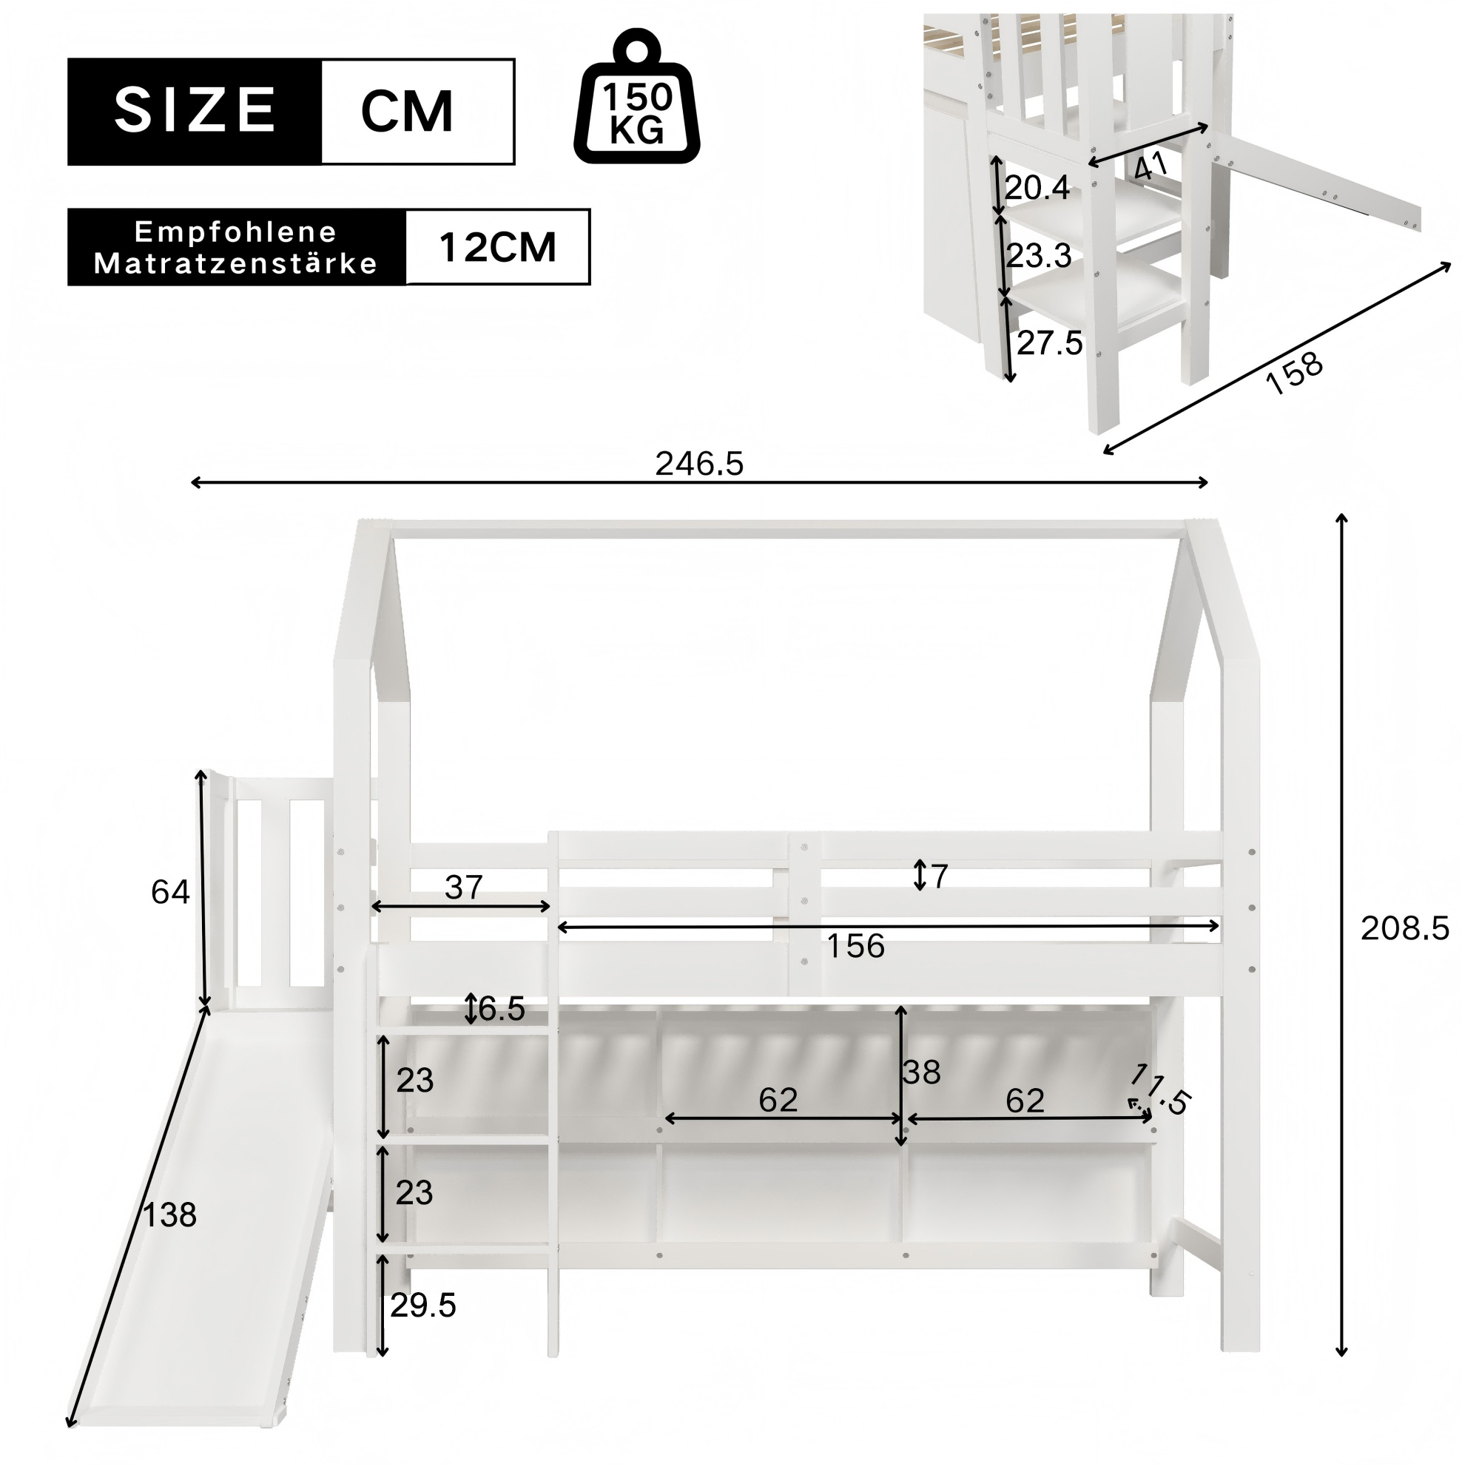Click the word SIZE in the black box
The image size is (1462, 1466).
(195, 110)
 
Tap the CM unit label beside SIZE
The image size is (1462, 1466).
(407, 111)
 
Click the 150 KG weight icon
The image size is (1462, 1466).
(636, 95)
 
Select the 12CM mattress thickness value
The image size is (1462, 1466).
(497, 247)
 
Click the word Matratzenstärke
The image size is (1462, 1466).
(235, 263)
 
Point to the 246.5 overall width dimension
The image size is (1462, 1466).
(699, 464)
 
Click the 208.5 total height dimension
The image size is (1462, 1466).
(1404, 929)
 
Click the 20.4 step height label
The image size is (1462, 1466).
(1037, 186)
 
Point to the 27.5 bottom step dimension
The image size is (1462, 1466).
(1050, 344)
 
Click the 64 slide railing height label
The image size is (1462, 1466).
(170, 892)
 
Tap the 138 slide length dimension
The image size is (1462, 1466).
(169, 1215)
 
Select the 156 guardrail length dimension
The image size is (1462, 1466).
(855, 946)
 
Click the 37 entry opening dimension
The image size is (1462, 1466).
(463, 887)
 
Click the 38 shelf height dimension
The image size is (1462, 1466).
(922, 1073)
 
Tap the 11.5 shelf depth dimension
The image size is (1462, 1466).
(1159, 1090)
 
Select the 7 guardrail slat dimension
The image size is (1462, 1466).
(939, 876)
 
